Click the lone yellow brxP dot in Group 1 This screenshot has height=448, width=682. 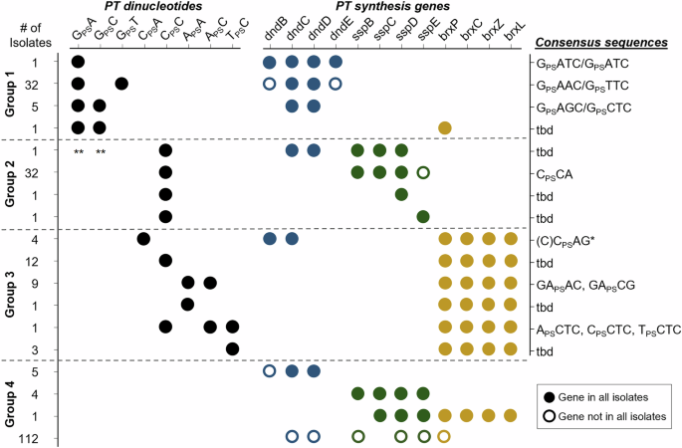click(445, 128)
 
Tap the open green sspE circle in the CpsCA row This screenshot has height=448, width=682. click(423, 172)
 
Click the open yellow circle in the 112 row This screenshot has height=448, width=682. click(445, 436)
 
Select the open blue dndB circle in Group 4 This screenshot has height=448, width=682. click(270, 370)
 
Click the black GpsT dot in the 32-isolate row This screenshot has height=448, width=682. click(121, 84)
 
